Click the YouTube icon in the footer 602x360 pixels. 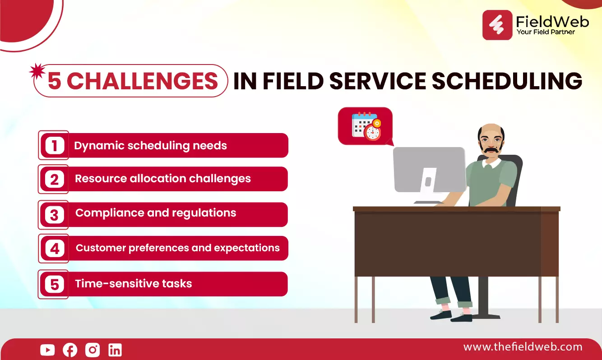(x=47, y=350)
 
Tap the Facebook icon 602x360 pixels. (x=70, y=350)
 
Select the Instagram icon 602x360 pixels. (x=93, y=350)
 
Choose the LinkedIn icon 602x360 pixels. (x=115, y=350)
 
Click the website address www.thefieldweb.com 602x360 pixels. (x=523, y=347)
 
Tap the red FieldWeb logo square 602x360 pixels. (x=497, y=25)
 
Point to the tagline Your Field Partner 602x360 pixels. (x=546, y=32)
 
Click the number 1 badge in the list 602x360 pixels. (x=55, y=145)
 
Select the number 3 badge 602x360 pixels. (x=54, y=215)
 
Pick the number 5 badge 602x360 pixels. (x=55, y=284)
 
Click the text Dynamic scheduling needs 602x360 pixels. (x=150, y=146)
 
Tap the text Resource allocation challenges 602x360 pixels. (x=162, y=179)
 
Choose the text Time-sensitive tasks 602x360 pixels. (x=133, y=283)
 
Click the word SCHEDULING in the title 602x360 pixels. (x=507, y=81)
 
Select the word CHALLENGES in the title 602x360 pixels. (x=142, y=81)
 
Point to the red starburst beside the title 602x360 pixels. (x=37, y=71)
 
